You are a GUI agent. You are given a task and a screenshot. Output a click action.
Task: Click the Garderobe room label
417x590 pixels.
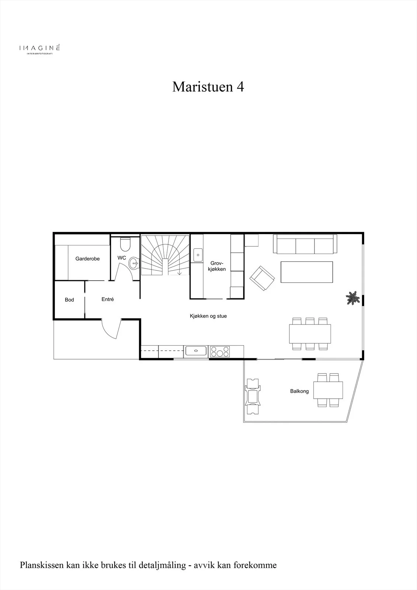pos(87,258)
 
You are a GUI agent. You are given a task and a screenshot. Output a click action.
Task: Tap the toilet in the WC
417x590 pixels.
pos(125,244)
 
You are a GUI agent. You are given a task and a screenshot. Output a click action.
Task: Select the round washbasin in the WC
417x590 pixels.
pos(134,263)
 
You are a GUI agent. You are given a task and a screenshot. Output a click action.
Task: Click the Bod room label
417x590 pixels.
pos(69,300)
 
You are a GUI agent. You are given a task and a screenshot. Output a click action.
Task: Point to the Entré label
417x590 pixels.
pos(108,299)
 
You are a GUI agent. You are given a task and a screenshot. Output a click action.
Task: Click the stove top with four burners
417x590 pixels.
pos(220,352)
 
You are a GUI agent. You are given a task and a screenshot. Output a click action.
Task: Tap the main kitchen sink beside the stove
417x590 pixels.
pos(196,351)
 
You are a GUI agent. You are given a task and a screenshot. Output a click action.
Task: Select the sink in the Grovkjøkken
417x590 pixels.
pos(198,255)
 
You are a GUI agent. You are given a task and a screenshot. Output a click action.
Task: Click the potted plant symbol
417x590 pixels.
pos(353,298)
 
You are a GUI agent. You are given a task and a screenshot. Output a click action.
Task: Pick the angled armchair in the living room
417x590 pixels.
pos(262,278)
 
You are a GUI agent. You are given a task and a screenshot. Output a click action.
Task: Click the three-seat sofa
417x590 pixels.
pos(305,244)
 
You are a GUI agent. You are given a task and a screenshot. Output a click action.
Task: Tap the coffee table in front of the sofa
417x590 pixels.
pos(307,272)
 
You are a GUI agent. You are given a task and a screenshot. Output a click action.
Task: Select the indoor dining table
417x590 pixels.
pos(310,334)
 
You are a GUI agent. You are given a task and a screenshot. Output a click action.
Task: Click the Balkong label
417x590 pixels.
pos(299,391)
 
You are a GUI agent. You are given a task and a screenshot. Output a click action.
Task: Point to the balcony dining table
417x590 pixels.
pos(328,390)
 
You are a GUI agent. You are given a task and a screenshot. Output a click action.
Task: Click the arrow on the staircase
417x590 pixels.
pos(180,272)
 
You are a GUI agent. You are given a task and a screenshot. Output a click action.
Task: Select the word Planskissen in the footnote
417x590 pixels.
pos(42,564)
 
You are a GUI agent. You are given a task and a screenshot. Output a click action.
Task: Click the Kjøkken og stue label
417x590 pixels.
pos(208,316)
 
